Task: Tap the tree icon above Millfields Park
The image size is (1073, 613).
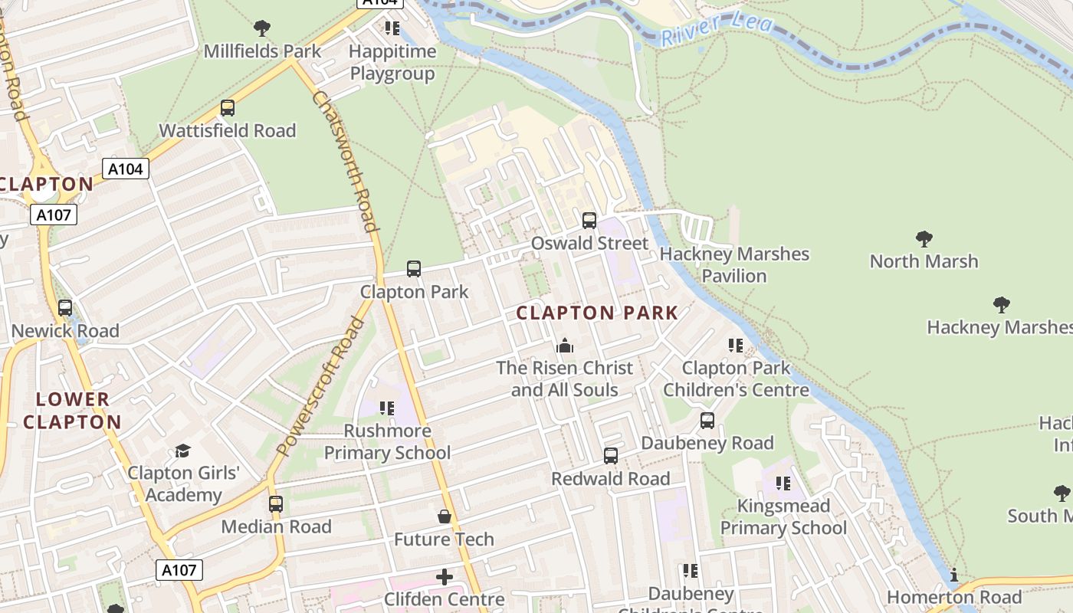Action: point(262,28)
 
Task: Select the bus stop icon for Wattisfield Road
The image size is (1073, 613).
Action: point(228,108)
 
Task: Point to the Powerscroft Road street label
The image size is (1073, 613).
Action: point(320,387)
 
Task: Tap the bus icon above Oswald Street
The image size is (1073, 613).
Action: point(589,221)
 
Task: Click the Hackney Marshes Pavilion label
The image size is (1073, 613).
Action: point(734,264)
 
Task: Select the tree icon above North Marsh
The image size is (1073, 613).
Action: point(924,239)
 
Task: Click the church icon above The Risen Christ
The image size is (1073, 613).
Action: point(565,346)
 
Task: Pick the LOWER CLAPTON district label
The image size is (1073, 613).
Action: point(72,410)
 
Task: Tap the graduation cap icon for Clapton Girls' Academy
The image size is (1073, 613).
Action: point(182,451)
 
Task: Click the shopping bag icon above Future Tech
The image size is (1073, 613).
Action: point(444,516)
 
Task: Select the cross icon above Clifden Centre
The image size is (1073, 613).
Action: point(444,576)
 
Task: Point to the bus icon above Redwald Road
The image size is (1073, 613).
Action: point(611,456)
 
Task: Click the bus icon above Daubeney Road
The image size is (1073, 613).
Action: point(707,421)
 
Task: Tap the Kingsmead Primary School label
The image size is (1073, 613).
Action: point(783,516)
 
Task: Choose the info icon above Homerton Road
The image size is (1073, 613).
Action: point(954,575)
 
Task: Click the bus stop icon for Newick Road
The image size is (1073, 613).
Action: point(65,308)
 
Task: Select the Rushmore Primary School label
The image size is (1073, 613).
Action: point(387,441)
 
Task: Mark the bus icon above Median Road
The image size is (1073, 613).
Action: point(276,504)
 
